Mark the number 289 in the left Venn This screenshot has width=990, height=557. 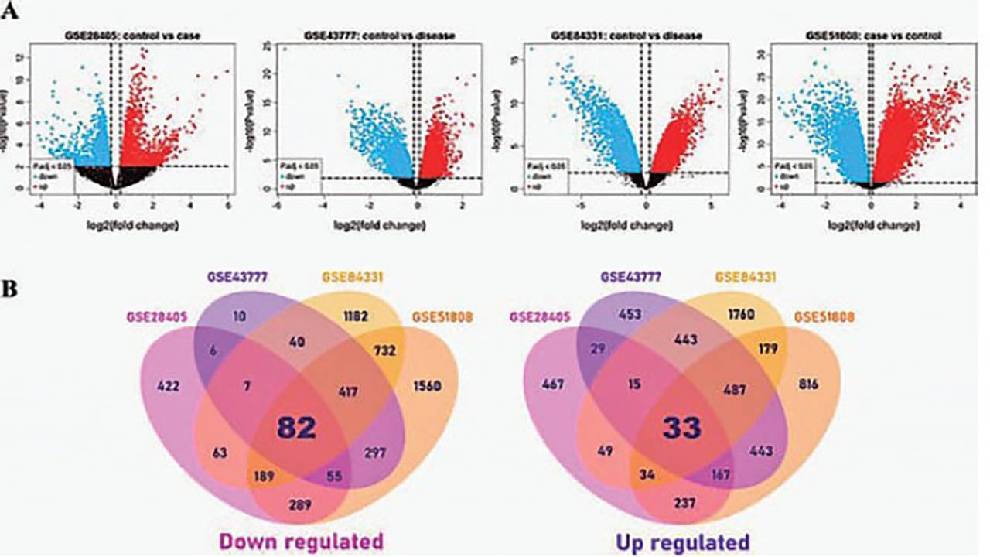299,505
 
